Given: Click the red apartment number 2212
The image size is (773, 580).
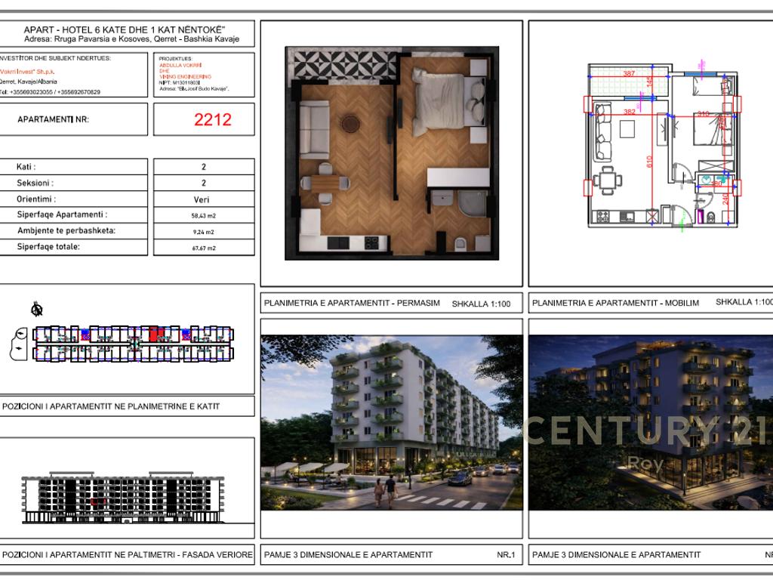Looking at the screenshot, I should [213, 119].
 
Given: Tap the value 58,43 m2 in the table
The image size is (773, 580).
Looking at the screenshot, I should [204, 215].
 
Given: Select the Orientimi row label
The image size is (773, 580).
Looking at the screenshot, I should [35, 199].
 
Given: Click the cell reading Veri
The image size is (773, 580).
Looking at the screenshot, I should [204, 199].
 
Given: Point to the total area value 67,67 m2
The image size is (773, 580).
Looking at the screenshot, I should [204, 247].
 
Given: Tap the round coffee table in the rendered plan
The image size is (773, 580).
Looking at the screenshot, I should [351, 122].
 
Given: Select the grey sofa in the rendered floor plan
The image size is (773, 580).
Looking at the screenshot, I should [314, 119].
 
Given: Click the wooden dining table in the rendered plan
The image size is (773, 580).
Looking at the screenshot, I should [325, 182].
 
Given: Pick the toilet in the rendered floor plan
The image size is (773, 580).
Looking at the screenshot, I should [460, 243].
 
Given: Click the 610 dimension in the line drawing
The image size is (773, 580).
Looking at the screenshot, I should [649, 161].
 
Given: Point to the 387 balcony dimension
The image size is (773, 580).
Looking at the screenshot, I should [629, 73].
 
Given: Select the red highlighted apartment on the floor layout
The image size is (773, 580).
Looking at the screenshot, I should [156, 334].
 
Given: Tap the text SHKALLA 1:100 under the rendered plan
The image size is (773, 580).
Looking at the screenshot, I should [481, 304].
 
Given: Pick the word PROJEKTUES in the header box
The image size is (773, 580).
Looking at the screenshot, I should [176, 58].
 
